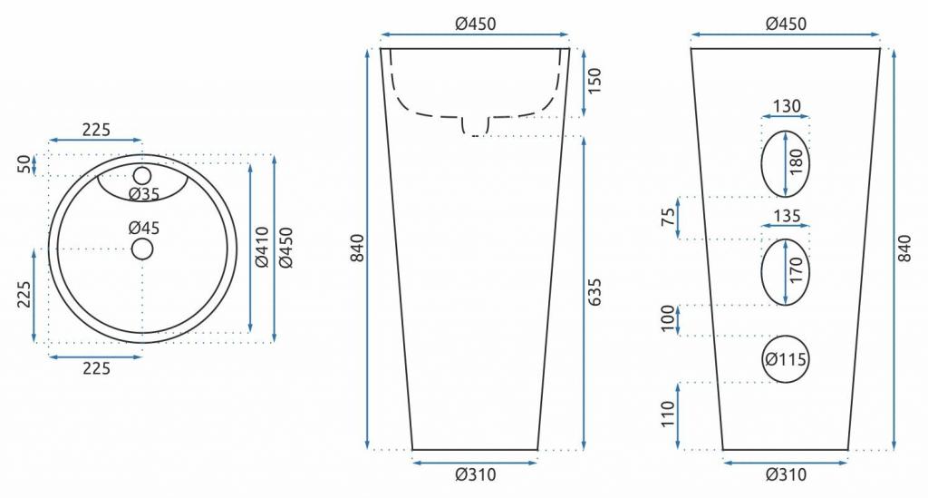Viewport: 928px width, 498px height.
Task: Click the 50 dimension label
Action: coord(24,164)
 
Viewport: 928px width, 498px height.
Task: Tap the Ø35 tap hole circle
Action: coord(142,175)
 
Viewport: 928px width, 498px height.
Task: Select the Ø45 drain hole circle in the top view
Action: coord(142,249)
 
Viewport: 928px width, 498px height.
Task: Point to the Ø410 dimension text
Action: coord(262,248)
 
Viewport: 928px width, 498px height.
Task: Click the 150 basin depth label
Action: coord(594,81)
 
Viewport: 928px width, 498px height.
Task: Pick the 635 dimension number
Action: coord(594,292)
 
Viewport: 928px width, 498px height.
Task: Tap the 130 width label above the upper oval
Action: coord(787,106)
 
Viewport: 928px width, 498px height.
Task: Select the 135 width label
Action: coord(787,216)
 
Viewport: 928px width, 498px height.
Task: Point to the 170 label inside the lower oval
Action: coord(797,270)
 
